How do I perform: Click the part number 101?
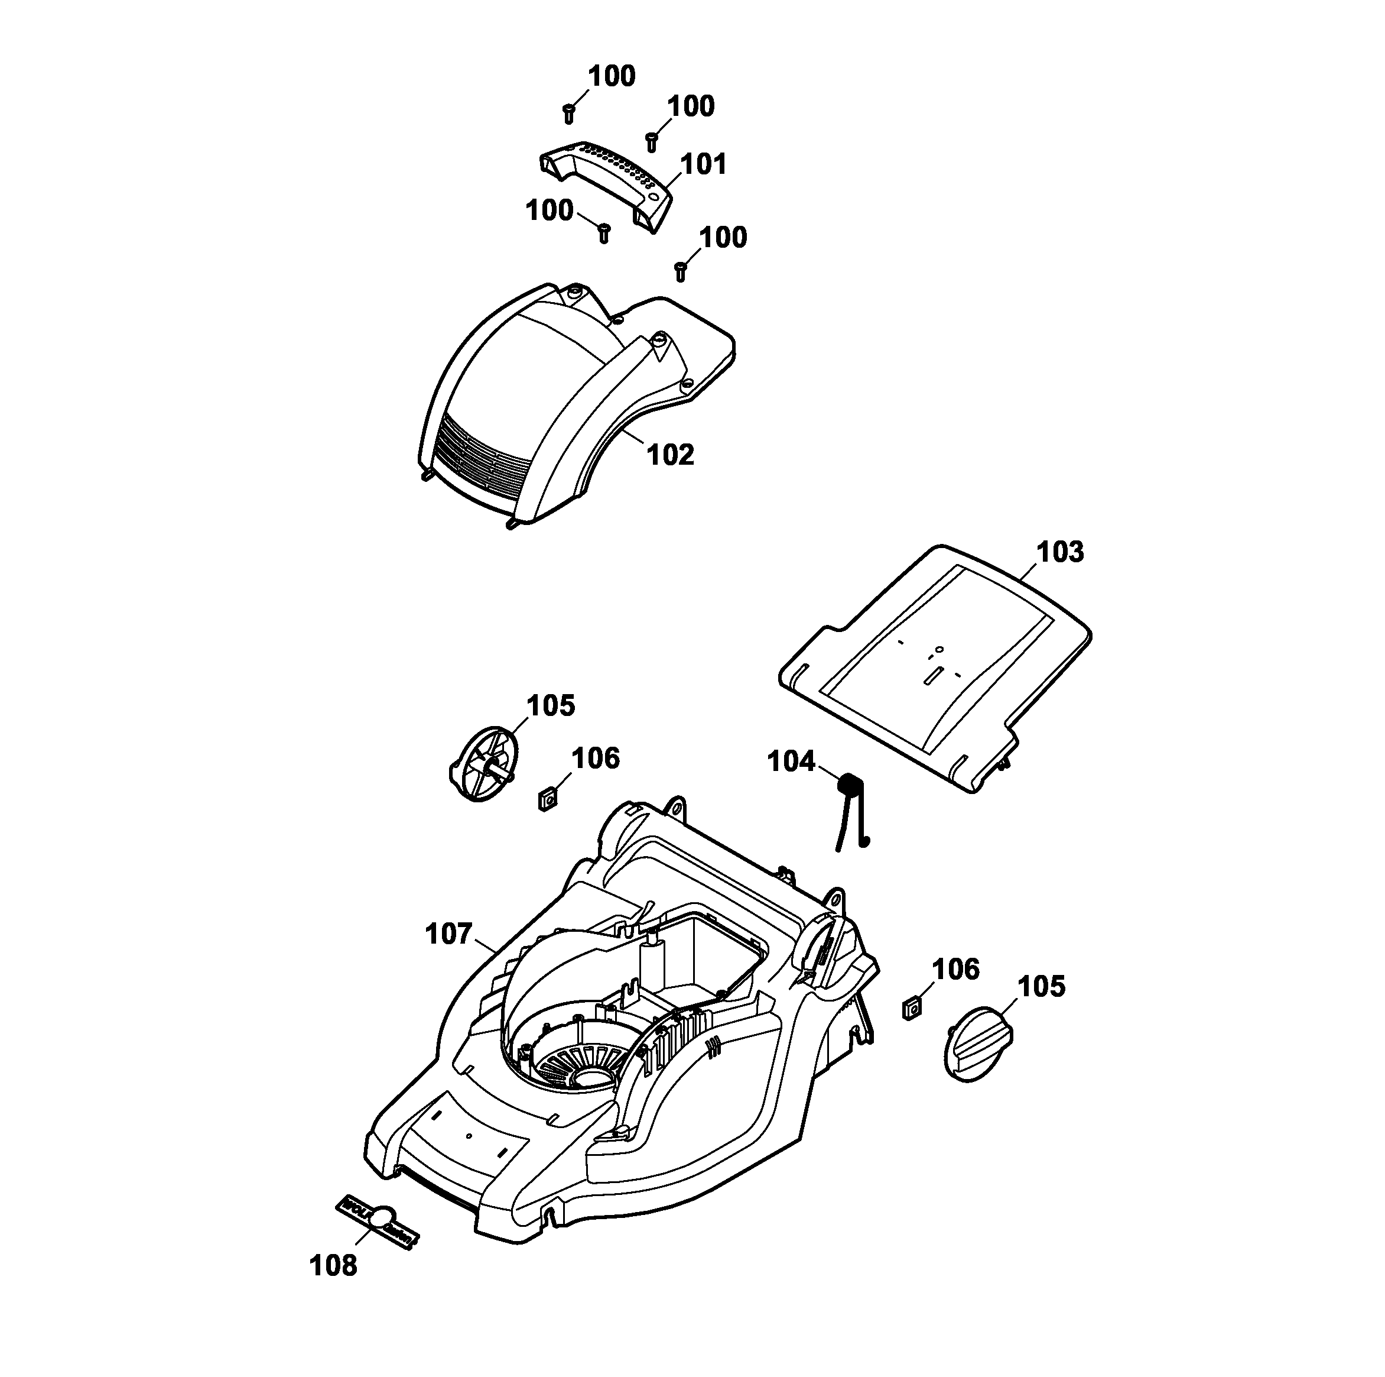(x=703, y=164)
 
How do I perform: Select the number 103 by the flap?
(x=1060, y=552)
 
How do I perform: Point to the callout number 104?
(x=791, y=762)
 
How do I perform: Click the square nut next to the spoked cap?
(x=548, y=798)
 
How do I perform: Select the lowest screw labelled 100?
(x=681, y=272)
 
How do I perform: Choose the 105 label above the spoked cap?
(x=551, y=706)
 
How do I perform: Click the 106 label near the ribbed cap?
(x=955, y=970)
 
